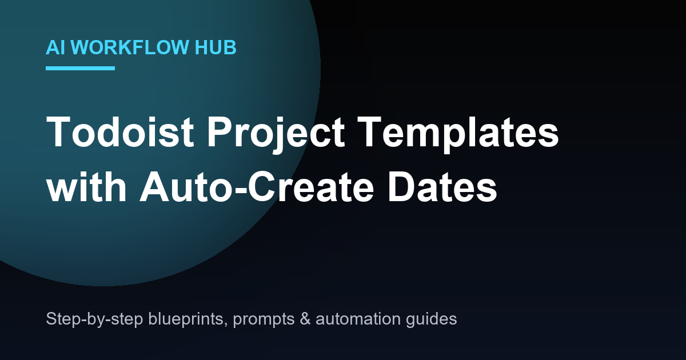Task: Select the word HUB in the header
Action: pos(216,47)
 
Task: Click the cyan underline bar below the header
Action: pos(80,68)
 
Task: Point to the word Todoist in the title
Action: pos(120,132)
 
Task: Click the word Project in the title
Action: pos(276,134)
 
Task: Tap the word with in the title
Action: pos(86,186)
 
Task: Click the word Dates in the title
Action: pos(442,187)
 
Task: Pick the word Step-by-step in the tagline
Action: pos(95,319)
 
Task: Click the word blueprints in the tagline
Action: pos(187,319)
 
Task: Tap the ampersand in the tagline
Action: pos(305,319)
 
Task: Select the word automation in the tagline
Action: pos(358,319)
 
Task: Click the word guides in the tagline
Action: pos(431,319)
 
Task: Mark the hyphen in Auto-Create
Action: pos(241,191)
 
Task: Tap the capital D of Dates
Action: pos(401,186)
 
